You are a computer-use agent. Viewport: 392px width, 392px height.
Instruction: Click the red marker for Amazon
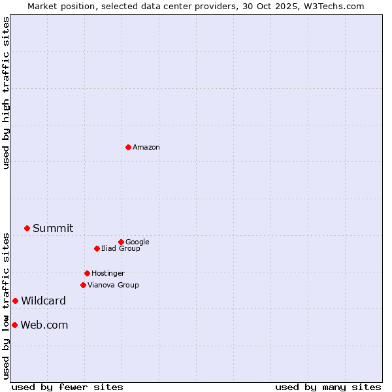[x=128, y=147]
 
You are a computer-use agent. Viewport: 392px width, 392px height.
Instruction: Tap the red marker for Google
[x=121, y=242]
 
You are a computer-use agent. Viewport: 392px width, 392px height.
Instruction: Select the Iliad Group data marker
[x=97, y=248]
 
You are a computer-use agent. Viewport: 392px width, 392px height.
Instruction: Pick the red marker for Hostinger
[x=87, y=273]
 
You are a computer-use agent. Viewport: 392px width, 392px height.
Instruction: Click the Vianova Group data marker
[x=83, y=285]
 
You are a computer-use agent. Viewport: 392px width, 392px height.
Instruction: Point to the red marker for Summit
[x=27, y=228]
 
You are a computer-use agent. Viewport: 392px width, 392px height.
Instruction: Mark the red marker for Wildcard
[x=15, y=301]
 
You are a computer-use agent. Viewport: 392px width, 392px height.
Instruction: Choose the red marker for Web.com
[x=14, y=325]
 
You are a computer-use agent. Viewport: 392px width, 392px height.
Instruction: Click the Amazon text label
[x=146, y=147]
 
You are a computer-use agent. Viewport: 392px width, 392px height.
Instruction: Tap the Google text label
[x=137, y=242]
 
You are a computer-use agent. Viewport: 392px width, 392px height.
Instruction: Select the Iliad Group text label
[x=121, y=248]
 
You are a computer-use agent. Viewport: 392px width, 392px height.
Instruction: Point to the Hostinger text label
[x=108, y=273]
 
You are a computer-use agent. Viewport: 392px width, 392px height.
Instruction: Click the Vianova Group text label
[x=113, y=285]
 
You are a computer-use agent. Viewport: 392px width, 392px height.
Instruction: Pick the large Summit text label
[x=53, y=228]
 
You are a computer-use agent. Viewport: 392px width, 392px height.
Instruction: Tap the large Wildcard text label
[x=43, y=301]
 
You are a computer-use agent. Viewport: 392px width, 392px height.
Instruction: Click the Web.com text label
[x=44, y=325]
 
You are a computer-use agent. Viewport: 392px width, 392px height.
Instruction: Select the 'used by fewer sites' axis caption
[x=67, y=387]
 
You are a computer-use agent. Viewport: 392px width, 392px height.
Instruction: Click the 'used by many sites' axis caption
[x=328, y=387]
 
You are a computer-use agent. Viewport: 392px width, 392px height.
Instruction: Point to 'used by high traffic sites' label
[x=6, y=93]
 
